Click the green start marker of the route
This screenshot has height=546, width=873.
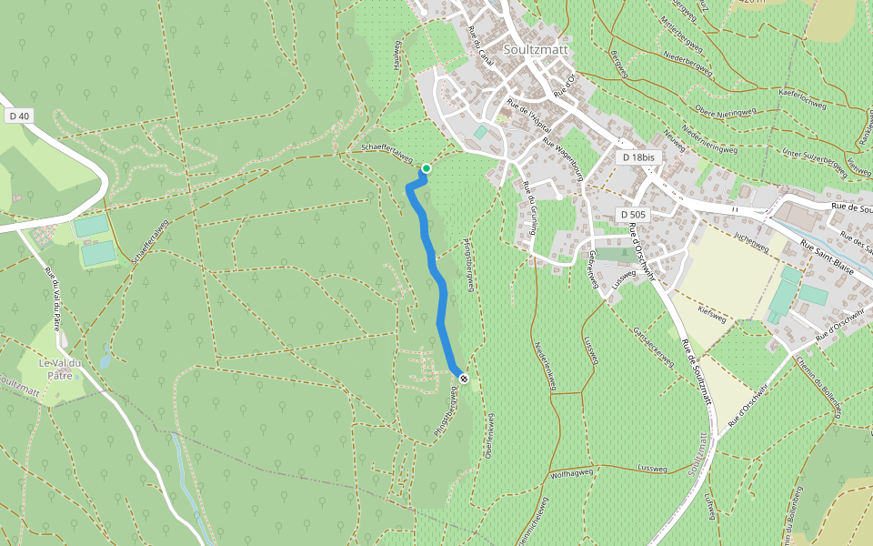point(426,168)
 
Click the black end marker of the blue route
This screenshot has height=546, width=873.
point(464,378)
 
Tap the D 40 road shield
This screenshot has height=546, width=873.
point(19,116)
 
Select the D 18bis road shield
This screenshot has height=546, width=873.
point(640,157)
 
